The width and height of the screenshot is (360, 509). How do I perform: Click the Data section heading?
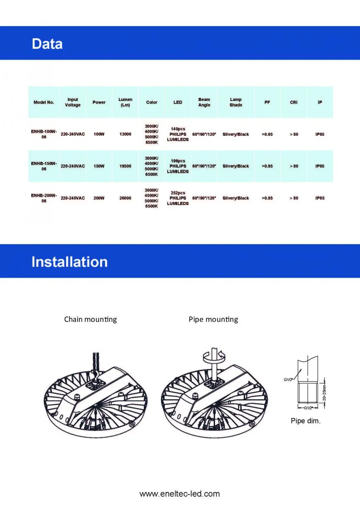47,44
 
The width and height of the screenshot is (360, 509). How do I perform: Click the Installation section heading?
70,262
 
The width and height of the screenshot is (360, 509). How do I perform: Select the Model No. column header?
44,102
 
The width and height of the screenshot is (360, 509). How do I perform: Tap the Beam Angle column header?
204,102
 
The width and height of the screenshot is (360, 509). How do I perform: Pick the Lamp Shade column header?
236,102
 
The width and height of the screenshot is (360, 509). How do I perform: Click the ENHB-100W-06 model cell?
44,134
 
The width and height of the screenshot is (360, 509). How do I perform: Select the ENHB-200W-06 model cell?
44,198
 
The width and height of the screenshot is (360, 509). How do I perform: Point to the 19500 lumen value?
125,166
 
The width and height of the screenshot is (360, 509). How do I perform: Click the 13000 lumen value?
125,134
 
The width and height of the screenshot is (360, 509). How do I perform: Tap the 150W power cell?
99,166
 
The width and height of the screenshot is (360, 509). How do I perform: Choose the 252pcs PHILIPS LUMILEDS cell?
178,198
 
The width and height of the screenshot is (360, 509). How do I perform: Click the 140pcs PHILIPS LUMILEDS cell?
178,134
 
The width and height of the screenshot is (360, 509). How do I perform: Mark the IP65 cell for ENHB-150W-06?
320,166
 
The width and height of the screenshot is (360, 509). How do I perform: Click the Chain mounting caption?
90,319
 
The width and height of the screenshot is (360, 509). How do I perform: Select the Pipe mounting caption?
213,319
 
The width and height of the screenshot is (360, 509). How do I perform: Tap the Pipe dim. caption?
305,421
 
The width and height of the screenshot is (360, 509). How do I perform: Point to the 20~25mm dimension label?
324,392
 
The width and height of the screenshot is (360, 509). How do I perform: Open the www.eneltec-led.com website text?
180,494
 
